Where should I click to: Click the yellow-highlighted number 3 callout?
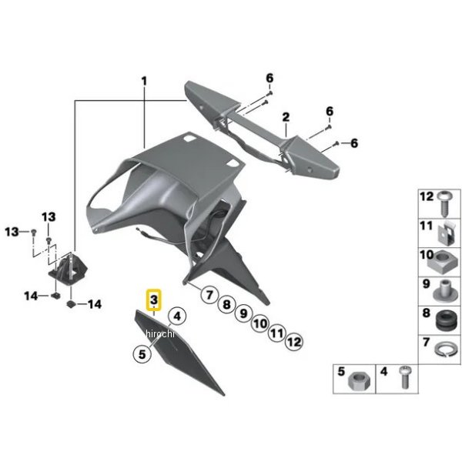[154, 300]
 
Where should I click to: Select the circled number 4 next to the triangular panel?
[177, 316]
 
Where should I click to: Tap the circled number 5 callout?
[142, 353]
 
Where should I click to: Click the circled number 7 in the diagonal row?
[209, 294]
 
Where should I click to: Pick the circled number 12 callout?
[294, 342]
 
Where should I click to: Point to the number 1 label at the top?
[144, 81]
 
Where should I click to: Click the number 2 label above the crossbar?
[286, 117]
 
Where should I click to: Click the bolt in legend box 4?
[404, 377]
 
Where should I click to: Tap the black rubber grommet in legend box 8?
[445, 321]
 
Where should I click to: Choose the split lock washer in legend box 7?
[447, 350]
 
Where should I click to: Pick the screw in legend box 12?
[445, 203]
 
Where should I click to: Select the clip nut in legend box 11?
[447, 233]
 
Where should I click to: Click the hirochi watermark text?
[160, 334]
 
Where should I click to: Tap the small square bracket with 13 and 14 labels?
[68, 269]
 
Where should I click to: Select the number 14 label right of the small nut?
[94, 304]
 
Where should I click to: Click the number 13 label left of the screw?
[12, 232]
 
